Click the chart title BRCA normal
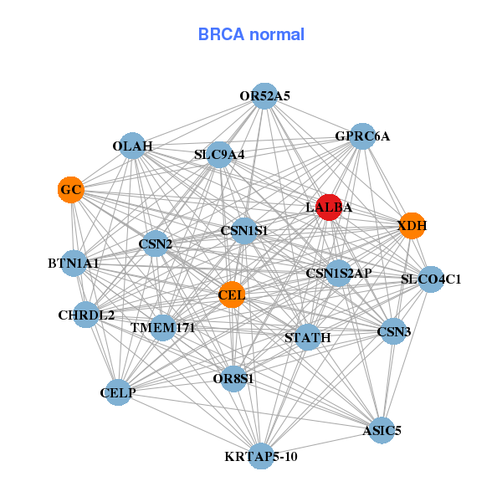(x=251, y=34)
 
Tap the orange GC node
(x=71, y=190)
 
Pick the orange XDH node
(x=412, y=225)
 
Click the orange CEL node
(x=232, y=295)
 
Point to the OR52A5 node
(x=264, y=95)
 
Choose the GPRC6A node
(x=361, y=136)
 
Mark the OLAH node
(x=132, y=146)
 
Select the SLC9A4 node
(x=219, y=154)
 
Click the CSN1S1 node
(x=243, y=230)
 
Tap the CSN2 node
(x=155, y=244)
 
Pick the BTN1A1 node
(x=74, y=264)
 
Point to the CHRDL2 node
(x=86, y=315)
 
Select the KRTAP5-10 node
(x=261, y=456)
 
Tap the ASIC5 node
(x=382, y=431)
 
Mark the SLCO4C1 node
(x=431, y=279)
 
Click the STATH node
(x=308, y=337)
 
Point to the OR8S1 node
(x=233, y=378)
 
